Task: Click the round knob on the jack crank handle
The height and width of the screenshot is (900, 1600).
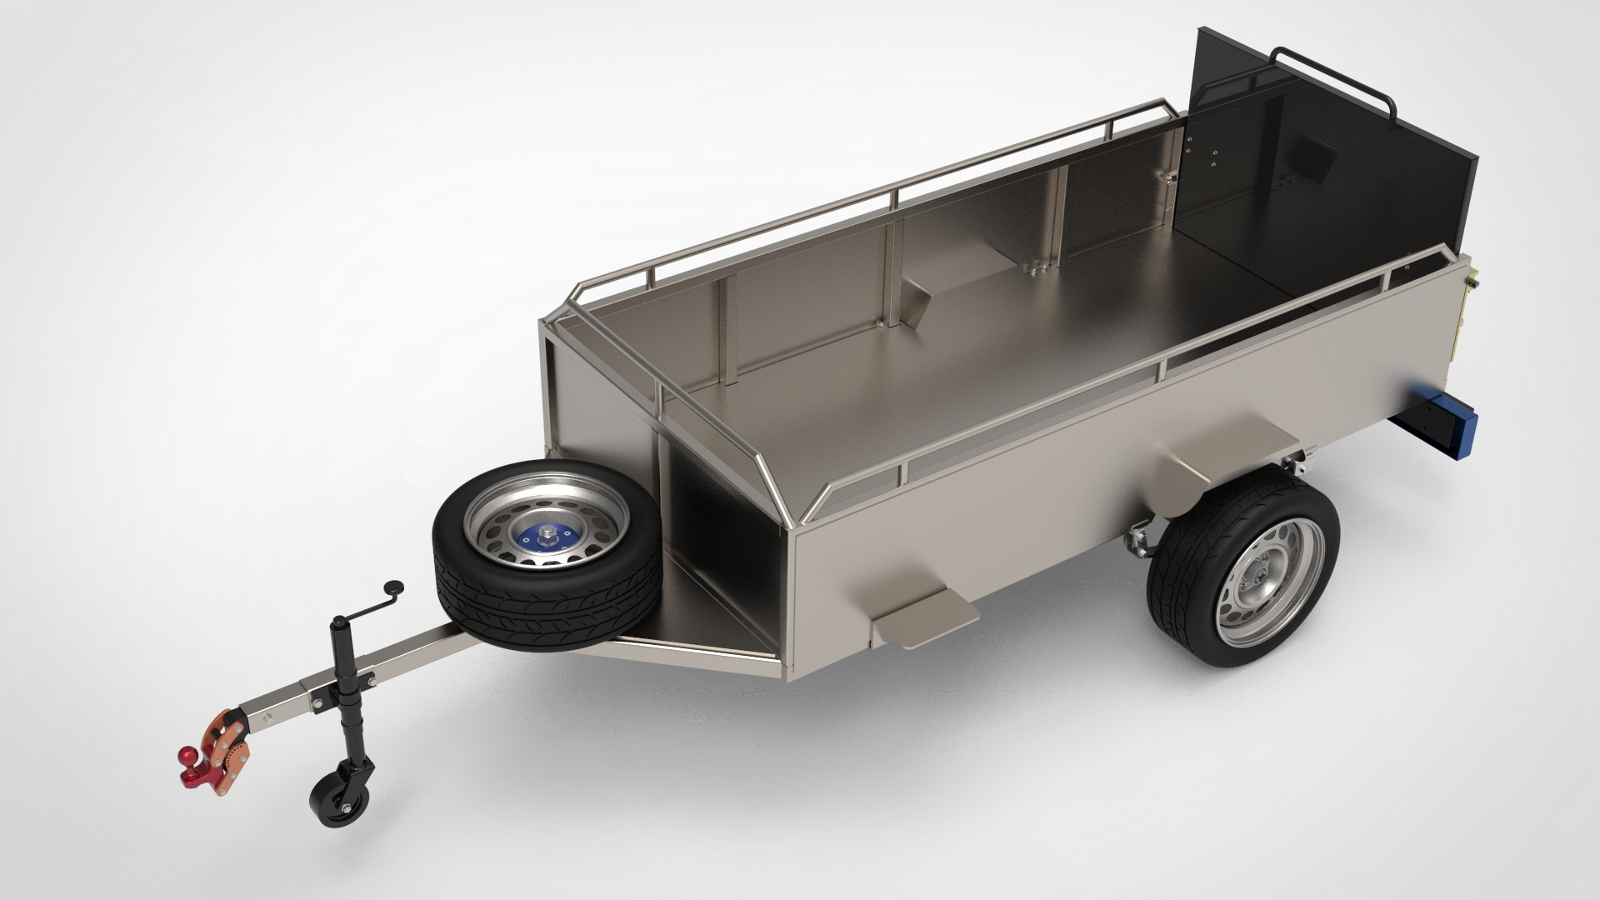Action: tap(394, 586)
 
